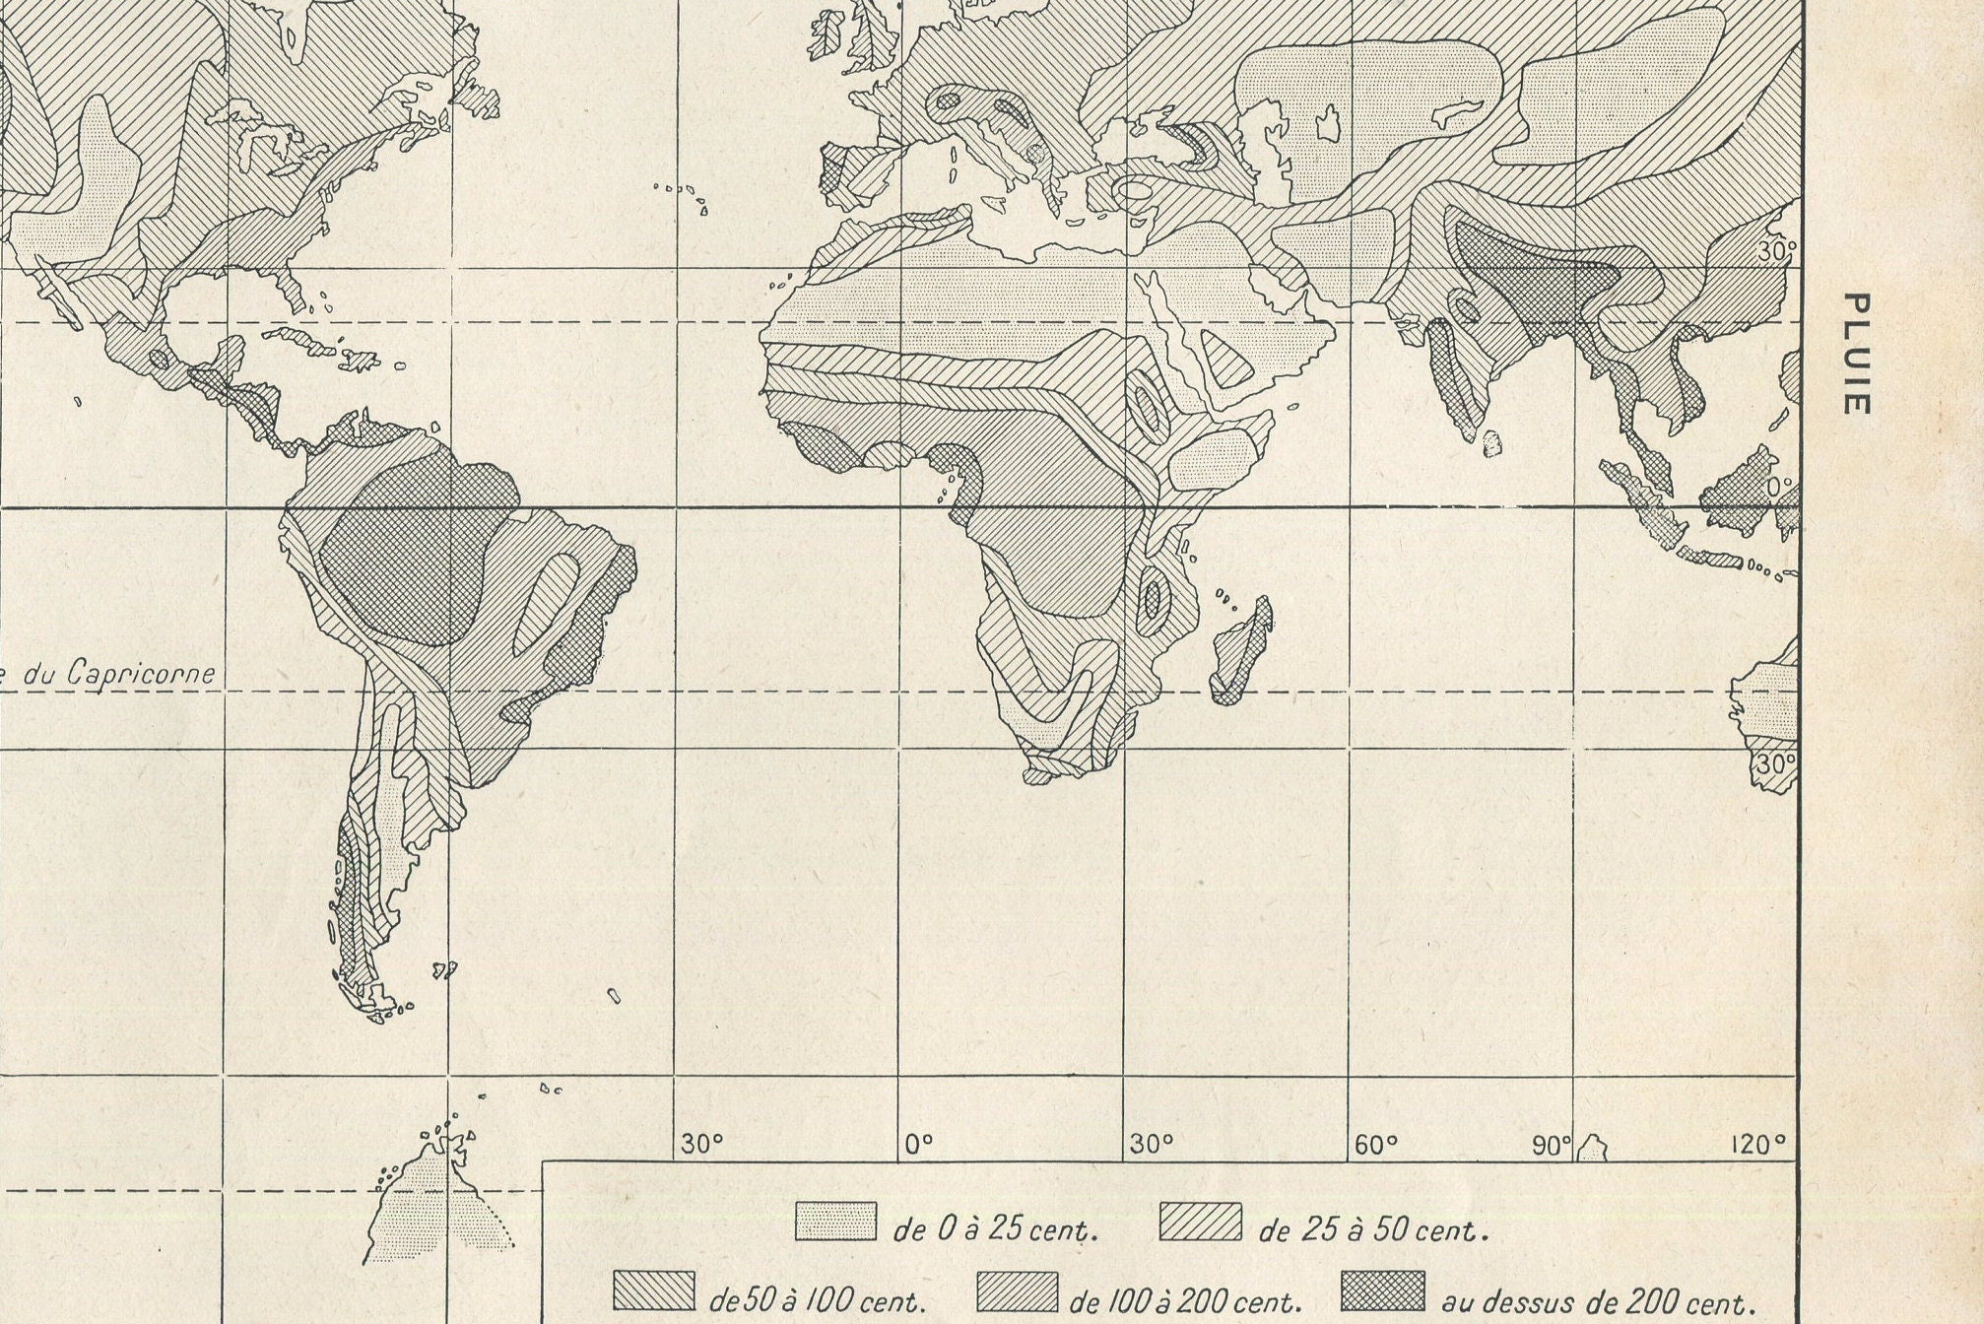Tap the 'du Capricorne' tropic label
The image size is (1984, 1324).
118,674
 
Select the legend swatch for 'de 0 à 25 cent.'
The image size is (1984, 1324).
835,1222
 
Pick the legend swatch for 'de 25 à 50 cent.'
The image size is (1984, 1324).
1200,1222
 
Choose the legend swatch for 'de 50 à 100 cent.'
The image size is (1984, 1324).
653,1291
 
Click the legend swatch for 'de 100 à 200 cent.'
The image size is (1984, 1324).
1018,1291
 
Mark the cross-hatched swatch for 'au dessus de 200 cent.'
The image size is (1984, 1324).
1383,1291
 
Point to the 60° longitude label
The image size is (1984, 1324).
1376,1145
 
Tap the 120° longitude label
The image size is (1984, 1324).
1756,1145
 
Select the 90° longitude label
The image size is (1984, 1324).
1551,1145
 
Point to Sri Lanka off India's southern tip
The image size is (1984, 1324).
1493,443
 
